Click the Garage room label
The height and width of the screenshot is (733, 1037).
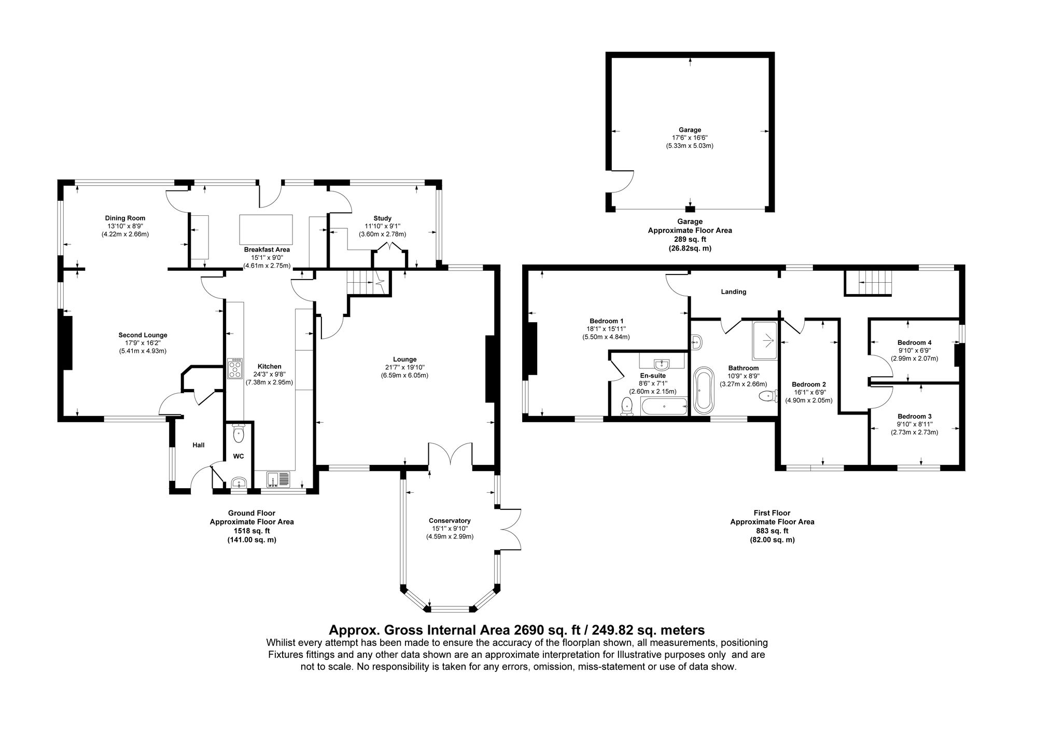click(690, 130)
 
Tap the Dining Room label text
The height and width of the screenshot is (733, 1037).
click(125, 218)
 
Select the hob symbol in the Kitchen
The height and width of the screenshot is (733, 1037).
click(235, 369)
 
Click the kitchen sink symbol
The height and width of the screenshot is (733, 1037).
click(279, 479)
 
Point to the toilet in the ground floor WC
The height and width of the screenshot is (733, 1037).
click(239, 434)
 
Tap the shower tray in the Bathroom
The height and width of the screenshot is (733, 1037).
click(765, 340)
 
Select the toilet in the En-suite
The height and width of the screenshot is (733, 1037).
click(627, 406)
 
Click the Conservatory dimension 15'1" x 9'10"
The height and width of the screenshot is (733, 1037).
click(450, 529)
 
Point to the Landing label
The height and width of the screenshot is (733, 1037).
click(733, 292)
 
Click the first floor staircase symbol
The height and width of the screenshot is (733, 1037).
click(868, 283)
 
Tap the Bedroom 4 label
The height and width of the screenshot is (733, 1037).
click(915, 342)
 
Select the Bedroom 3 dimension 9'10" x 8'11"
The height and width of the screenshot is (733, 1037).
click(915, 424)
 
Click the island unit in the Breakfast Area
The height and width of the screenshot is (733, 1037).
click(266, 230)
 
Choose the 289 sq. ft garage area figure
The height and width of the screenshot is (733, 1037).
click(690, 240)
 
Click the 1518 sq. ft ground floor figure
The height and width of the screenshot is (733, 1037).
click(251, 531)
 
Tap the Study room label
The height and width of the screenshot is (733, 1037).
click(382, 218)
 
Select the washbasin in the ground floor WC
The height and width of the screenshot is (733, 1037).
click(239, 482)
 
